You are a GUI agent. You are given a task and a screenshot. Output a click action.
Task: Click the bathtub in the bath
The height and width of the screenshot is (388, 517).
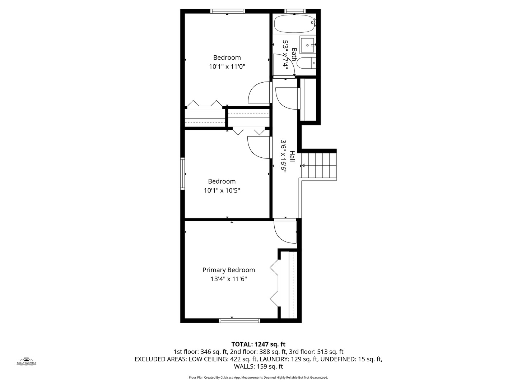click(x=294, y=24)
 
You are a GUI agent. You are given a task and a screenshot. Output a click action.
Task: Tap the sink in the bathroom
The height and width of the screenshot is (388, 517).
click(x=308, y=45)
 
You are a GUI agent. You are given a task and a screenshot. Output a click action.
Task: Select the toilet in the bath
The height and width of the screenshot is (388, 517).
click(x=308, y=63)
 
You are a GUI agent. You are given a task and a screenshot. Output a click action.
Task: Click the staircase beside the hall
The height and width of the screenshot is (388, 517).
click(x=319, y=166)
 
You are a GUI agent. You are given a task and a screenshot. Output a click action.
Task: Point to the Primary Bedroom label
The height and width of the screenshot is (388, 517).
click(x=229, y=270)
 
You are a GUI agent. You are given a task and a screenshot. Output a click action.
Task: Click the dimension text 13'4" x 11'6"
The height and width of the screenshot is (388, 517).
click(x=229, y=279)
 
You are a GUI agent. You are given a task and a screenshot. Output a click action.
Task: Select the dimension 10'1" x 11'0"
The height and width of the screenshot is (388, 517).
click(x=227, y=66)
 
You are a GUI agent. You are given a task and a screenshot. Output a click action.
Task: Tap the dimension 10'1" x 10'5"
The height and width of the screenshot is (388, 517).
click(x=222, y=190)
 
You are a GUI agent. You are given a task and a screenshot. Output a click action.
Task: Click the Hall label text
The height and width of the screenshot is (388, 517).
click(x=292, y=156)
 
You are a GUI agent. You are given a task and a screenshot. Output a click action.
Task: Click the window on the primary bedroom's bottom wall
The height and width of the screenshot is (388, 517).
click(x=239, y=320)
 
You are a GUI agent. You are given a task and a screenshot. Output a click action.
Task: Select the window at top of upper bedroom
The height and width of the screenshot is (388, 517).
click(x=228, y=11)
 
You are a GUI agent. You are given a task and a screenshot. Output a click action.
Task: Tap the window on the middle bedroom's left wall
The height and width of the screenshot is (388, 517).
click(x=182, y=174)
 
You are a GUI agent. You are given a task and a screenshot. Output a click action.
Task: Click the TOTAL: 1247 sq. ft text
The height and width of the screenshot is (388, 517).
click(x=258, y=344)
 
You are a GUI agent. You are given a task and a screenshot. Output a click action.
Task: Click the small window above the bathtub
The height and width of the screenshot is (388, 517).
click(x=295, y=11)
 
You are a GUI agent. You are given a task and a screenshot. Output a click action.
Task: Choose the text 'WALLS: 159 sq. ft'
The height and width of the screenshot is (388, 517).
click(x=258, y=366)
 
